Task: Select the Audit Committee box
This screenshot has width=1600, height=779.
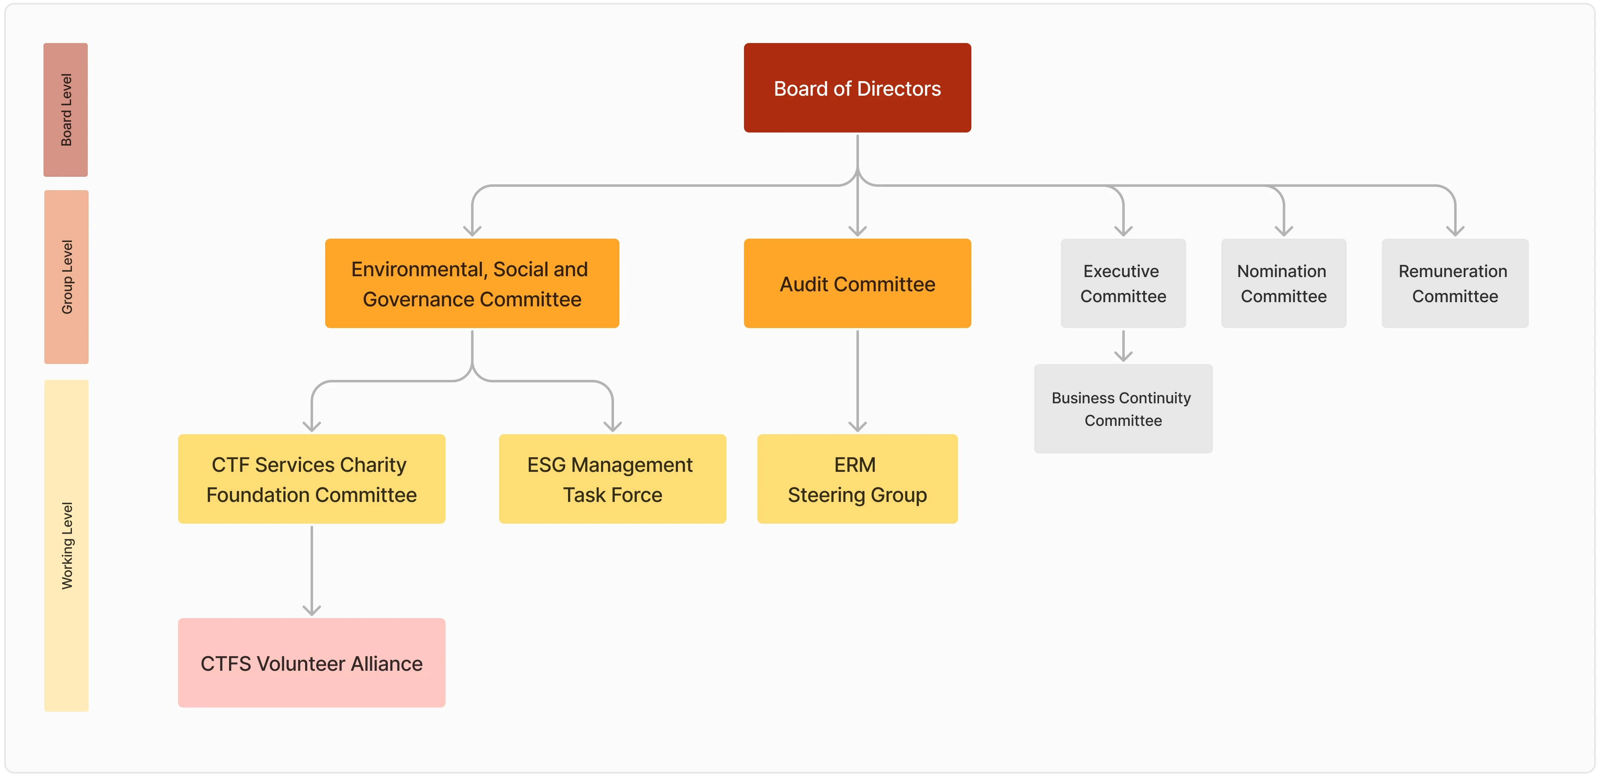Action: point(857,283)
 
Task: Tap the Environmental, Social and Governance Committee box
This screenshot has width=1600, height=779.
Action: point(472,283)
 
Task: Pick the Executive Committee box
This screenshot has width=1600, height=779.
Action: point(1123,283)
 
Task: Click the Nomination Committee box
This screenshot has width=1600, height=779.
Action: point(1283,283)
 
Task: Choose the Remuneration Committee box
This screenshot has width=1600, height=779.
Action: point(1455,283)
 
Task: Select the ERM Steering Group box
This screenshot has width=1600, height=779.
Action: point(857,479)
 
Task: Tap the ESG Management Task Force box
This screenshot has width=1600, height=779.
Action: point(612,479)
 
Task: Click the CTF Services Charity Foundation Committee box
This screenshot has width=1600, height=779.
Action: point(311,479)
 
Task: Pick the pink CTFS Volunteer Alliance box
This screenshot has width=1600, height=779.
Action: point(311,663)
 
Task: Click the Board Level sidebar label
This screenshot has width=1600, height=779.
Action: point(66,110)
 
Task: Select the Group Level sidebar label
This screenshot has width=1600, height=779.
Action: point(66,277)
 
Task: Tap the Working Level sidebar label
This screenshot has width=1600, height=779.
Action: point(66,545)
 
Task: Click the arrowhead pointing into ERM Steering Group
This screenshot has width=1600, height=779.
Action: point(857,427)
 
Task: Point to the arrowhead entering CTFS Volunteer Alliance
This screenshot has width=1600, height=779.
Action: point(311,611)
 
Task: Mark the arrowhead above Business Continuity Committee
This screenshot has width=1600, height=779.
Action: point(1123,356)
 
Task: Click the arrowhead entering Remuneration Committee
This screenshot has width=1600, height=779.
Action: point(1455,231)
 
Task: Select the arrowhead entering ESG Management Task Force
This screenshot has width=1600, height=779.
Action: point(612,427)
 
